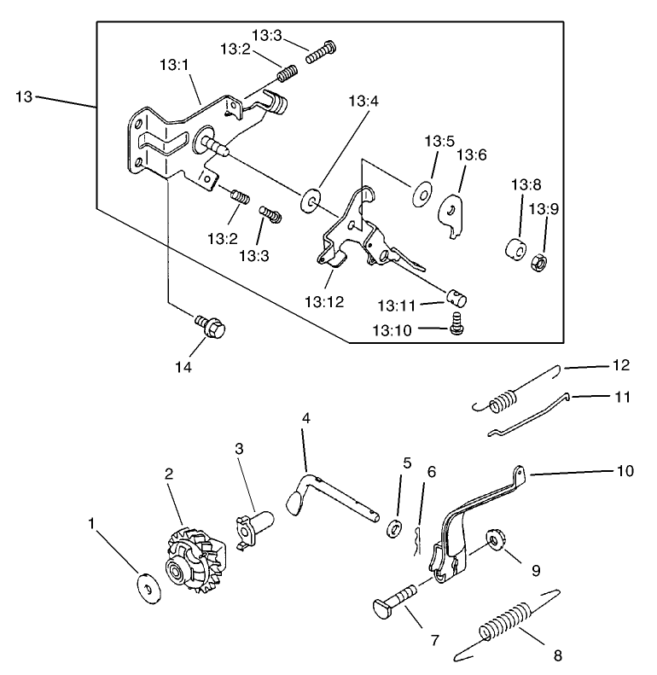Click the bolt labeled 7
coord(395,600)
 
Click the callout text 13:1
coord(174,65)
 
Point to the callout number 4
coord(305,419)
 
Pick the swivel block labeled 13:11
coord(457,296)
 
